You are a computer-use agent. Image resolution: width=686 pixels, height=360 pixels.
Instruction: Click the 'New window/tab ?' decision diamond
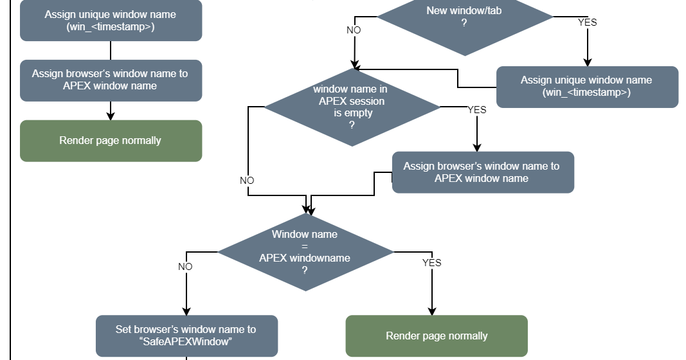point(464,19)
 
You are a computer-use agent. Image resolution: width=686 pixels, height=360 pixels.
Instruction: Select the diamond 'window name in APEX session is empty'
point(352,107)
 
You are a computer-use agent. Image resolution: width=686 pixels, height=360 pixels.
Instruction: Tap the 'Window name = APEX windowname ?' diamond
point(305,252)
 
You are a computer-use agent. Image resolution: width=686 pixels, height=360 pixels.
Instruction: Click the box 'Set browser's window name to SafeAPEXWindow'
point(186,336)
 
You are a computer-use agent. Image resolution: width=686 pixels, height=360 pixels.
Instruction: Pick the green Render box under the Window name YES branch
point(437,336)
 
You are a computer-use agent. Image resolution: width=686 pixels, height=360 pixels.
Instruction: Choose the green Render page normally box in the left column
point(111,141)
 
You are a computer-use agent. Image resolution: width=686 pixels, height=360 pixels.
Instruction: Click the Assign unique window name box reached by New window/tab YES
point(586,86)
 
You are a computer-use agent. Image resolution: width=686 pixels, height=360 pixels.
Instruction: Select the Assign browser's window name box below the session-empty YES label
point(482,172)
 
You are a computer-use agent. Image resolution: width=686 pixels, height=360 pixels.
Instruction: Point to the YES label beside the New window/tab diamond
point(587,22)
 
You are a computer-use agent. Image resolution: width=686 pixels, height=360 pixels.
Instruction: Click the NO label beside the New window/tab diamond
point(354,30)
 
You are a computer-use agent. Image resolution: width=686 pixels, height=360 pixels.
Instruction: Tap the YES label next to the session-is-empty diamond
point(476,110)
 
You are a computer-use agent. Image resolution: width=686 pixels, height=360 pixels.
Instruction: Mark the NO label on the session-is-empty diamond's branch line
point(247,181)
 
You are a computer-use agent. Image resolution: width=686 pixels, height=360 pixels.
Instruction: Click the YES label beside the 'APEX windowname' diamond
point(431,263)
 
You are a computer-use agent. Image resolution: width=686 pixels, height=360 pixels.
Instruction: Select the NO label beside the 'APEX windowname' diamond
point(185,267)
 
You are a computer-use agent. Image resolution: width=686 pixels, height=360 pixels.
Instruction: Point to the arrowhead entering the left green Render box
point(111,116)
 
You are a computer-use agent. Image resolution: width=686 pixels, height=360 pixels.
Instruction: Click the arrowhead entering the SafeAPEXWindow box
point(186,311)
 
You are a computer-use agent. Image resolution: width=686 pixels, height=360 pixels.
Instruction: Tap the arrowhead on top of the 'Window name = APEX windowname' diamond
point(307,209)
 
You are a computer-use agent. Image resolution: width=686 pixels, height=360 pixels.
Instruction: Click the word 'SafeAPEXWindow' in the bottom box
point(186,342)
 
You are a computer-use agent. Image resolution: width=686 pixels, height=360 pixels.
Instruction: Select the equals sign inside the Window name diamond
point(305,246)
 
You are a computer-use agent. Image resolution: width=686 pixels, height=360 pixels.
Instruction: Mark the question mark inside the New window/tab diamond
point(464,22)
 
